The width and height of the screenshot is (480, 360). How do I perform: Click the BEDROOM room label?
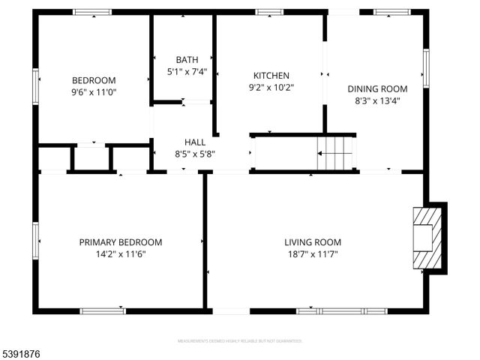94,80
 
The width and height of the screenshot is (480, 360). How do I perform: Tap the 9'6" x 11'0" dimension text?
94,92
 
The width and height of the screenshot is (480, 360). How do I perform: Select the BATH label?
187,60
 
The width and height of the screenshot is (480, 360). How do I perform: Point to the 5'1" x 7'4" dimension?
187,72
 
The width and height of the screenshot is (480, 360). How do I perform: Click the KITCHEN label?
271,76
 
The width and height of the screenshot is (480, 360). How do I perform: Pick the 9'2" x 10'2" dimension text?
271,87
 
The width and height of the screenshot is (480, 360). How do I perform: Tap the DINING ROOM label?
373,88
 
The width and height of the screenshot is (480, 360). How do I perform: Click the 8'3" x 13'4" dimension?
373,100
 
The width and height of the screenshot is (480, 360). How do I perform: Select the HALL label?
195,142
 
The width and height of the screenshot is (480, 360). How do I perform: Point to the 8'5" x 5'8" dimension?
195,154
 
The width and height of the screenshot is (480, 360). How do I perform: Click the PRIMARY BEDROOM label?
121,242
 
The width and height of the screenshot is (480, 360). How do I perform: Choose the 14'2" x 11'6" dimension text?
121,254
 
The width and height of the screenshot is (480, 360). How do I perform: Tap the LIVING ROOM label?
312,242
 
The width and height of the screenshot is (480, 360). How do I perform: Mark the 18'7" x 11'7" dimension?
312,254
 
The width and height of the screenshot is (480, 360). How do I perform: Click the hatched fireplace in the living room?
425,237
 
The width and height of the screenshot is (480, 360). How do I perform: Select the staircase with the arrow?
335,153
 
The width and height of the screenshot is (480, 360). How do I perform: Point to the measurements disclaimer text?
239,341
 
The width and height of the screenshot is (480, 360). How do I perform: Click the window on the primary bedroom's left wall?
35,241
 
